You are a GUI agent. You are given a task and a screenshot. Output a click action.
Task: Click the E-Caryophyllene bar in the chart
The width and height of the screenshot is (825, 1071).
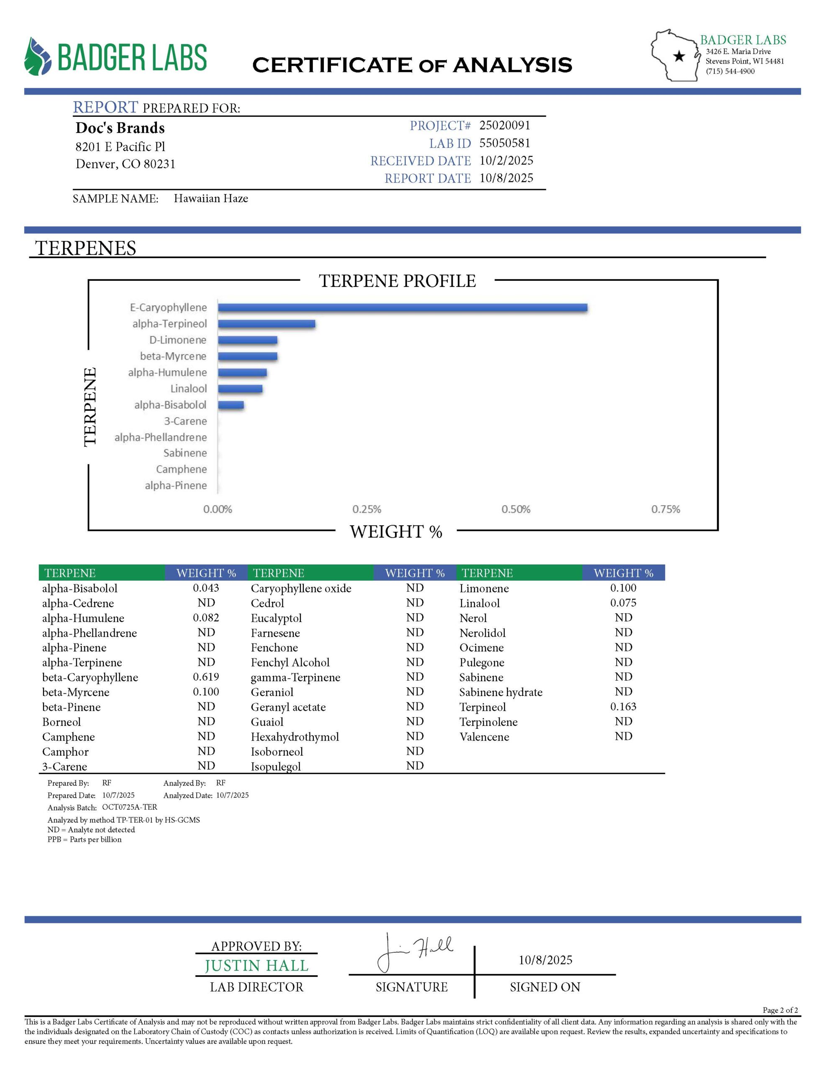[x=402, y=307]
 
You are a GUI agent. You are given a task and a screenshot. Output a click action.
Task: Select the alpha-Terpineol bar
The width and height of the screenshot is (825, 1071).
[x=266, y=324]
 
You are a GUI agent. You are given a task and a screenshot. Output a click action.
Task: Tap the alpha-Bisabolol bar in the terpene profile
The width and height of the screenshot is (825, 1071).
[x=231, y=405]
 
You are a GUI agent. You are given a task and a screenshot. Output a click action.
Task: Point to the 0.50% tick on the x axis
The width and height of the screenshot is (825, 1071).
[x=515, y=510]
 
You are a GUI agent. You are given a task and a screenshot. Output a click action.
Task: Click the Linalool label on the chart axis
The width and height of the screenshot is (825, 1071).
[x=188, y=389]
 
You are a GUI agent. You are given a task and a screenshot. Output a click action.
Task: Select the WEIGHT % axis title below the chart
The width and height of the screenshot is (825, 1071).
[x=396, y=532]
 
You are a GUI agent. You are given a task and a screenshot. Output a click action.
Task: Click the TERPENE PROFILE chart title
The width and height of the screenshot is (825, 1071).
[x=397, y=281]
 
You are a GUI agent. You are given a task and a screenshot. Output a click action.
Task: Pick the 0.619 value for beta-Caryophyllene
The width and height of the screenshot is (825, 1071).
[x=206, y=677]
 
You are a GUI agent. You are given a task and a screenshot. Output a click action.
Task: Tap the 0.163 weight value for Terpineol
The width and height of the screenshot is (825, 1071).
[x=623, y=707]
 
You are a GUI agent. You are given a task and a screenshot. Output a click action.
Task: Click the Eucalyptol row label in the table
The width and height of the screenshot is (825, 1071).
[x=276, y=618]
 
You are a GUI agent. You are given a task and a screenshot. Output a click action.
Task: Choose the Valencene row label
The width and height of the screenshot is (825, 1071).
[x=484, y=737]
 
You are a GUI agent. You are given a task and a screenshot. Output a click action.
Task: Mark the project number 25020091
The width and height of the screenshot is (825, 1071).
[x=505, y=126]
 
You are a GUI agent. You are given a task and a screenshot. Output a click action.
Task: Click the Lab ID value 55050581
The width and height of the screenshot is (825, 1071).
[x=505, y=143]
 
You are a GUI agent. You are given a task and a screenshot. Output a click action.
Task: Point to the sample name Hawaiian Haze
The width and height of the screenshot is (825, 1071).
[x=211, y=199]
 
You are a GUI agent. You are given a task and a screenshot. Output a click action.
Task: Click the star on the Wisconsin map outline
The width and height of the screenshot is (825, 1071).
[x=679, y=56]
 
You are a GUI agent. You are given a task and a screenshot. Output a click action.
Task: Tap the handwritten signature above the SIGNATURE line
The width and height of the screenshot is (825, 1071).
[x=415, y=952]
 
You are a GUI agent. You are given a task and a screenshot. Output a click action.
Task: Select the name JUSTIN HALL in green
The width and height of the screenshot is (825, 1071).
[x=256, y=966]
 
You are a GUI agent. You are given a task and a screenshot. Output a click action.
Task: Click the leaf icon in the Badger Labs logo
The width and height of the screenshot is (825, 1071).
[x=38, y=56]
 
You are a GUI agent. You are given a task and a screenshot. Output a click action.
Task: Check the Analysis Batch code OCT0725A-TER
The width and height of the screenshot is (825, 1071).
[x=130, y=807]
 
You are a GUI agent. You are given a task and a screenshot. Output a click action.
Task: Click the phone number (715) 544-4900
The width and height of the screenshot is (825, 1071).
[x=730, y=72]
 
